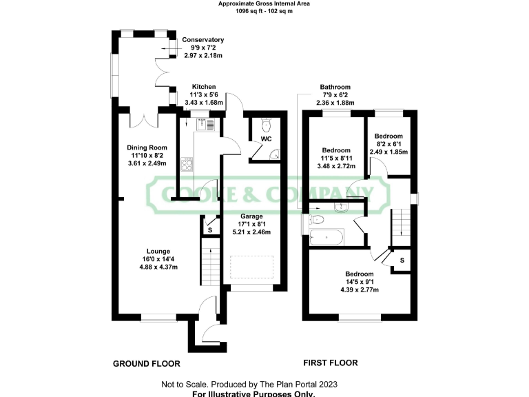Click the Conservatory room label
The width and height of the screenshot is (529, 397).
(203, 40)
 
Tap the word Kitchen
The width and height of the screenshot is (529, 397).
(205, 87)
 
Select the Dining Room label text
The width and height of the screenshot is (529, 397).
(147, 147)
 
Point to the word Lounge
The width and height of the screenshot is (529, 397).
(158, 251)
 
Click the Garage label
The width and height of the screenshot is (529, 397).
(251, 215)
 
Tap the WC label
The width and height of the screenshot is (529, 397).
(265, 139)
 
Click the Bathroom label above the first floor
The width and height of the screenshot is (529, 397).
(335, 87)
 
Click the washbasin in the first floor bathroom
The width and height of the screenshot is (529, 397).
(341, 207)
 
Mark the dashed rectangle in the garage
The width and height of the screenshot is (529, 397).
(251, 268)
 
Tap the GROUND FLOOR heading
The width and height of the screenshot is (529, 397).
(146, 363)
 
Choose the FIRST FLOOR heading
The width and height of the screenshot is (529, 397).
(331, 363)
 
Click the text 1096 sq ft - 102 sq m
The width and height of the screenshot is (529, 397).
(264, 12)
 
